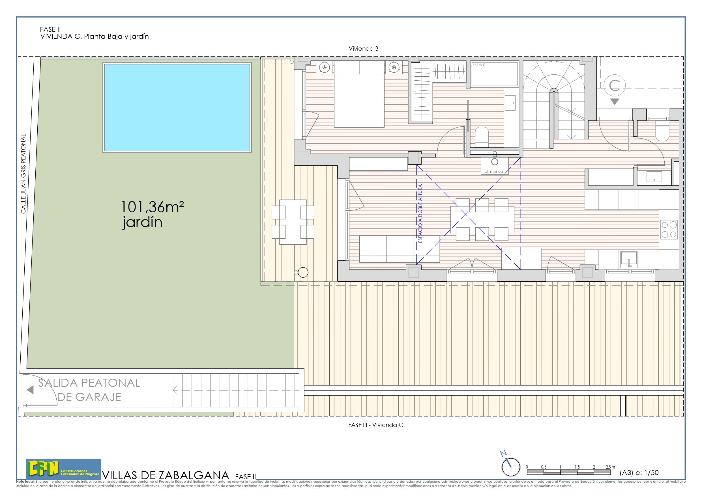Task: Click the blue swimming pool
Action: [x=177, y=107]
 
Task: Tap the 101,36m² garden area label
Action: [x=152, y=207]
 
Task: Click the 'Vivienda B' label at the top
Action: [x=363, y=49]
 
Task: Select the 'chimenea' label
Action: [x=493, y=171]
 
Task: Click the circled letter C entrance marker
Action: [x=614, y=86]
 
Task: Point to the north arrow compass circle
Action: [x=511, y=467]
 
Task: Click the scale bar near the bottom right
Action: [x=568, y=472]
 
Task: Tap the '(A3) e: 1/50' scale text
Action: [x=639, y=473]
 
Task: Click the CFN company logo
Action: [x=63, y=469]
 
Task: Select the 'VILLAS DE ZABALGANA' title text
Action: [x=166, y=475]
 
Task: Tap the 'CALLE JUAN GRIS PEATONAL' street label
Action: [x=23, y=174]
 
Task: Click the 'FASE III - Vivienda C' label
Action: [x=375, y=425]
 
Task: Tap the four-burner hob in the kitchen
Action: [x=669, y=230]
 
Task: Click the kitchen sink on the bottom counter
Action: [x=629, y=259]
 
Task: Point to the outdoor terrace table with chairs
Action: [x=293, y=222]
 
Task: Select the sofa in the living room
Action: [x=399, y=249]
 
